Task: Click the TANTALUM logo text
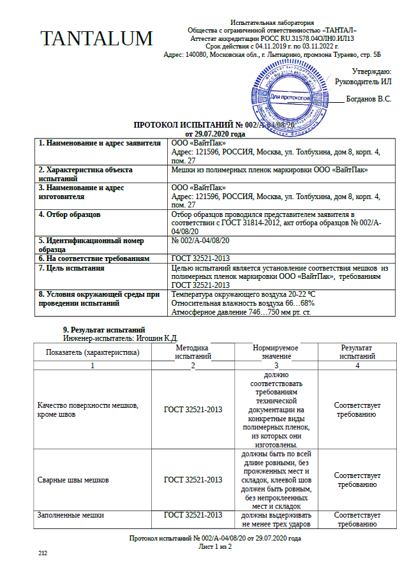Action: [x=96, y=39]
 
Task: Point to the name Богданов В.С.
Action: [x=368, y=100]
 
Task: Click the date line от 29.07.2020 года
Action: [x=215, y=134]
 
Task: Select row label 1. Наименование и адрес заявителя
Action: [x=99, y=143]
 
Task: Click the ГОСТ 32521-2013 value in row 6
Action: [x=200, y=258]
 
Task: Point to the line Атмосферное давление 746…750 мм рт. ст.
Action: [x=241, y=312]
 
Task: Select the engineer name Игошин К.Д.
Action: [x=157, y=338]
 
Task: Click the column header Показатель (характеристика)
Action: [x=93, y=352]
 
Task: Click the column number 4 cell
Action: [x=357, y=365]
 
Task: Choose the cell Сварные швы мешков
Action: [x=73, y=479]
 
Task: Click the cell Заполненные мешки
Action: [x=70, y=514]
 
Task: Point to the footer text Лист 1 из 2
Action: [x=214, y=546]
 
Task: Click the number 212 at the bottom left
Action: [x=43, y=553]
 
